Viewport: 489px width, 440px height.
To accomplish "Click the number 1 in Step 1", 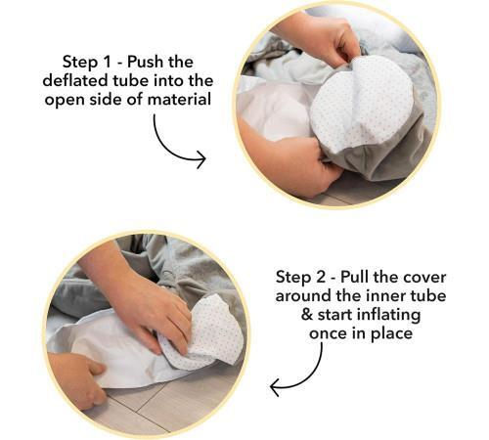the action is click(107, 62).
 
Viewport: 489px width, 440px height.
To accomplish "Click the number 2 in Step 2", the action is click(320, 277).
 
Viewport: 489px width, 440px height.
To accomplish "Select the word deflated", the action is click(77, 80).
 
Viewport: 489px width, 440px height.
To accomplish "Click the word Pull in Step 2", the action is click(355, 277).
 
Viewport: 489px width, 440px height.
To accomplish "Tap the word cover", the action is click(424, 278).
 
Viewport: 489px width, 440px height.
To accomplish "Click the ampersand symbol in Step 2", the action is click(307, 315).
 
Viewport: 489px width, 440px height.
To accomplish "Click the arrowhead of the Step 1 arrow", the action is click(200, 159).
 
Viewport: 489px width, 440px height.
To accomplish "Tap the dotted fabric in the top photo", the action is click(362, 101).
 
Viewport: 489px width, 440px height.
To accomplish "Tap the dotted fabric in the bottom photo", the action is click(208, 330).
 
